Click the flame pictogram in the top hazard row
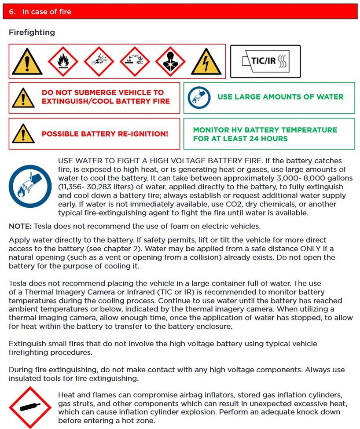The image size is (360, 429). point(62,61)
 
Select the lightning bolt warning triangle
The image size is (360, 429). point(206,62)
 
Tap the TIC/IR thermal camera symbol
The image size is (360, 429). point(265,61)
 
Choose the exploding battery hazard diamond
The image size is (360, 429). point(99,61)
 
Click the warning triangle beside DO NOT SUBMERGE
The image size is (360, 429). point(23,97)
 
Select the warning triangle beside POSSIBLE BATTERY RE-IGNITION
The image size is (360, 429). point(23,133)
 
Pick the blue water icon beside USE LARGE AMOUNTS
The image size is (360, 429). point(199,97)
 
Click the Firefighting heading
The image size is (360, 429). point(32,33)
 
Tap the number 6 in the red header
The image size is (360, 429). point(12,12)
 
